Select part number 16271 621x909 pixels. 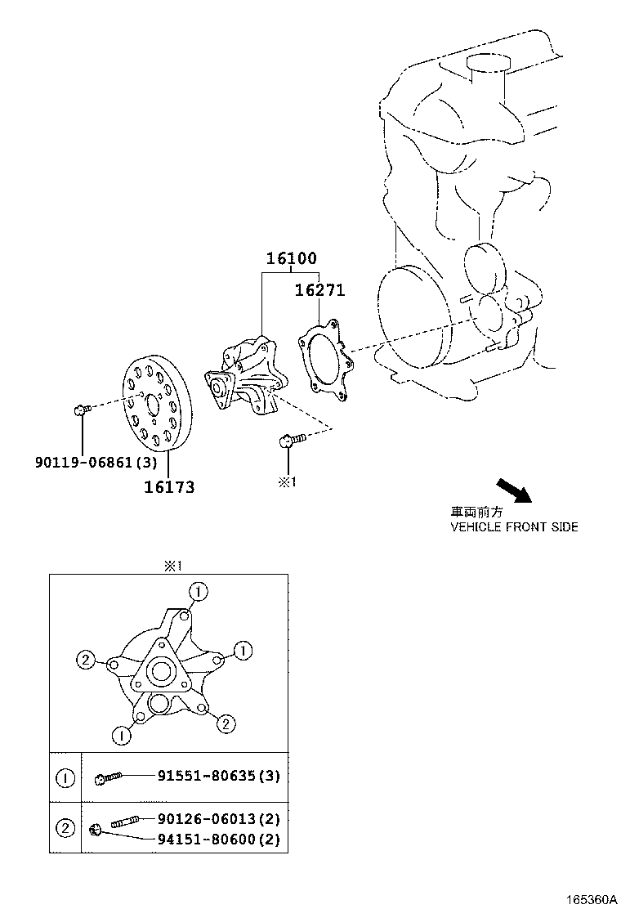[319, 289]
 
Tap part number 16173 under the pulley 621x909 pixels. [169, 487]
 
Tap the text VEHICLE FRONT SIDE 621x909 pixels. [514, 527]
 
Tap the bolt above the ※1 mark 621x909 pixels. [288, 441]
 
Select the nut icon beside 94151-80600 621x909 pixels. [96, 831]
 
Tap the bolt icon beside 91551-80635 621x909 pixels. [108, 778]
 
